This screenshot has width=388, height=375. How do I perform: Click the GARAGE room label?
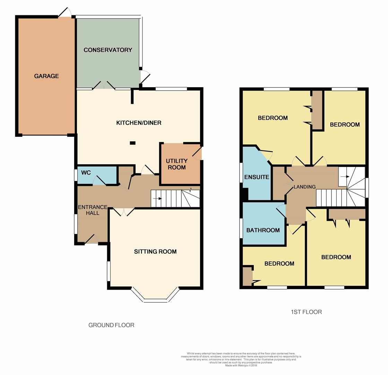point(46,76)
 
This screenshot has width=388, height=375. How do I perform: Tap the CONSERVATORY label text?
point(108,50)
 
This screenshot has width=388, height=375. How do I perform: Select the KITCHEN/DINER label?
point(139,123)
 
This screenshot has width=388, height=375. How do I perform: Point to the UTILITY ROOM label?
point(176,164)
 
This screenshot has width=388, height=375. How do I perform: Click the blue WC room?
point(97,175)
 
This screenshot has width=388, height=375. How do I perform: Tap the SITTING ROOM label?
point(155,252)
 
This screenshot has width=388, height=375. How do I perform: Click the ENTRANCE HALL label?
point(93,210)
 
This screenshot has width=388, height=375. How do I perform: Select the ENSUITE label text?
point(257,177)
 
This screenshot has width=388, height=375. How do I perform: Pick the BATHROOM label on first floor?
point(263,230)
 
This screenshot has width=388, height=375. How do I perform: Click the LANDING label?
point(305,187)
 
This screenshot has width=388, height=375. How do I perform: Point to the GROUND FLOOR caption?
point(111,325)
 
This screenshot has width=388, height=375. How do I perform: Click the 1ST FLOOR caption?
point(306,312)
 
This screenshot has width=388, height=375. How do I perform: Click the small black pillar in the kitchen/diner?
point(133,143)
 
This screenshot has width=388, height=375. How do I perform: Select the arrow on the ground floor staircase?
point(158,199)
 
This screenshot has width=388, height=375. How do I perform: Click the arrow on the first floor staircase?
point(345,177)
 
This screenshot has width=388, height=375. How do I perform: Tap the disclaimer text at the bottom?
point(241,359)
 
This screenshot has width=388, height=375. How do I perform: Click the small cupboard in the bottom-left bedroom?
point(247,276)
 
